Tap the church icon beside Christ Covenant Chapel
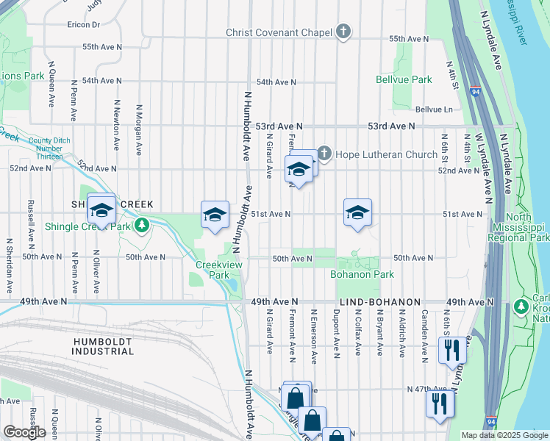[x=343, y=32]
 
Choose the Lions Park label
[x=22, y=76]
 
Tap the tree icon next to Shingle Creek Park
[x=146, y=224]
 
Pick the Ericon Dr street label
[x=82, y=24]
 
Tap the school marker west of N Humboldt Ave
[x=215, y=214]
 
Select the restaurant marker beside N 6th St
[x=451, y=349]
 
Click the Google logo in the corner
[x=24, y=432]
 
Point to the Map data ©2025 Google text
[x=504, y=436]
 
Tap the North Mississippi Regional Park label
[x=519, y=227]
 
